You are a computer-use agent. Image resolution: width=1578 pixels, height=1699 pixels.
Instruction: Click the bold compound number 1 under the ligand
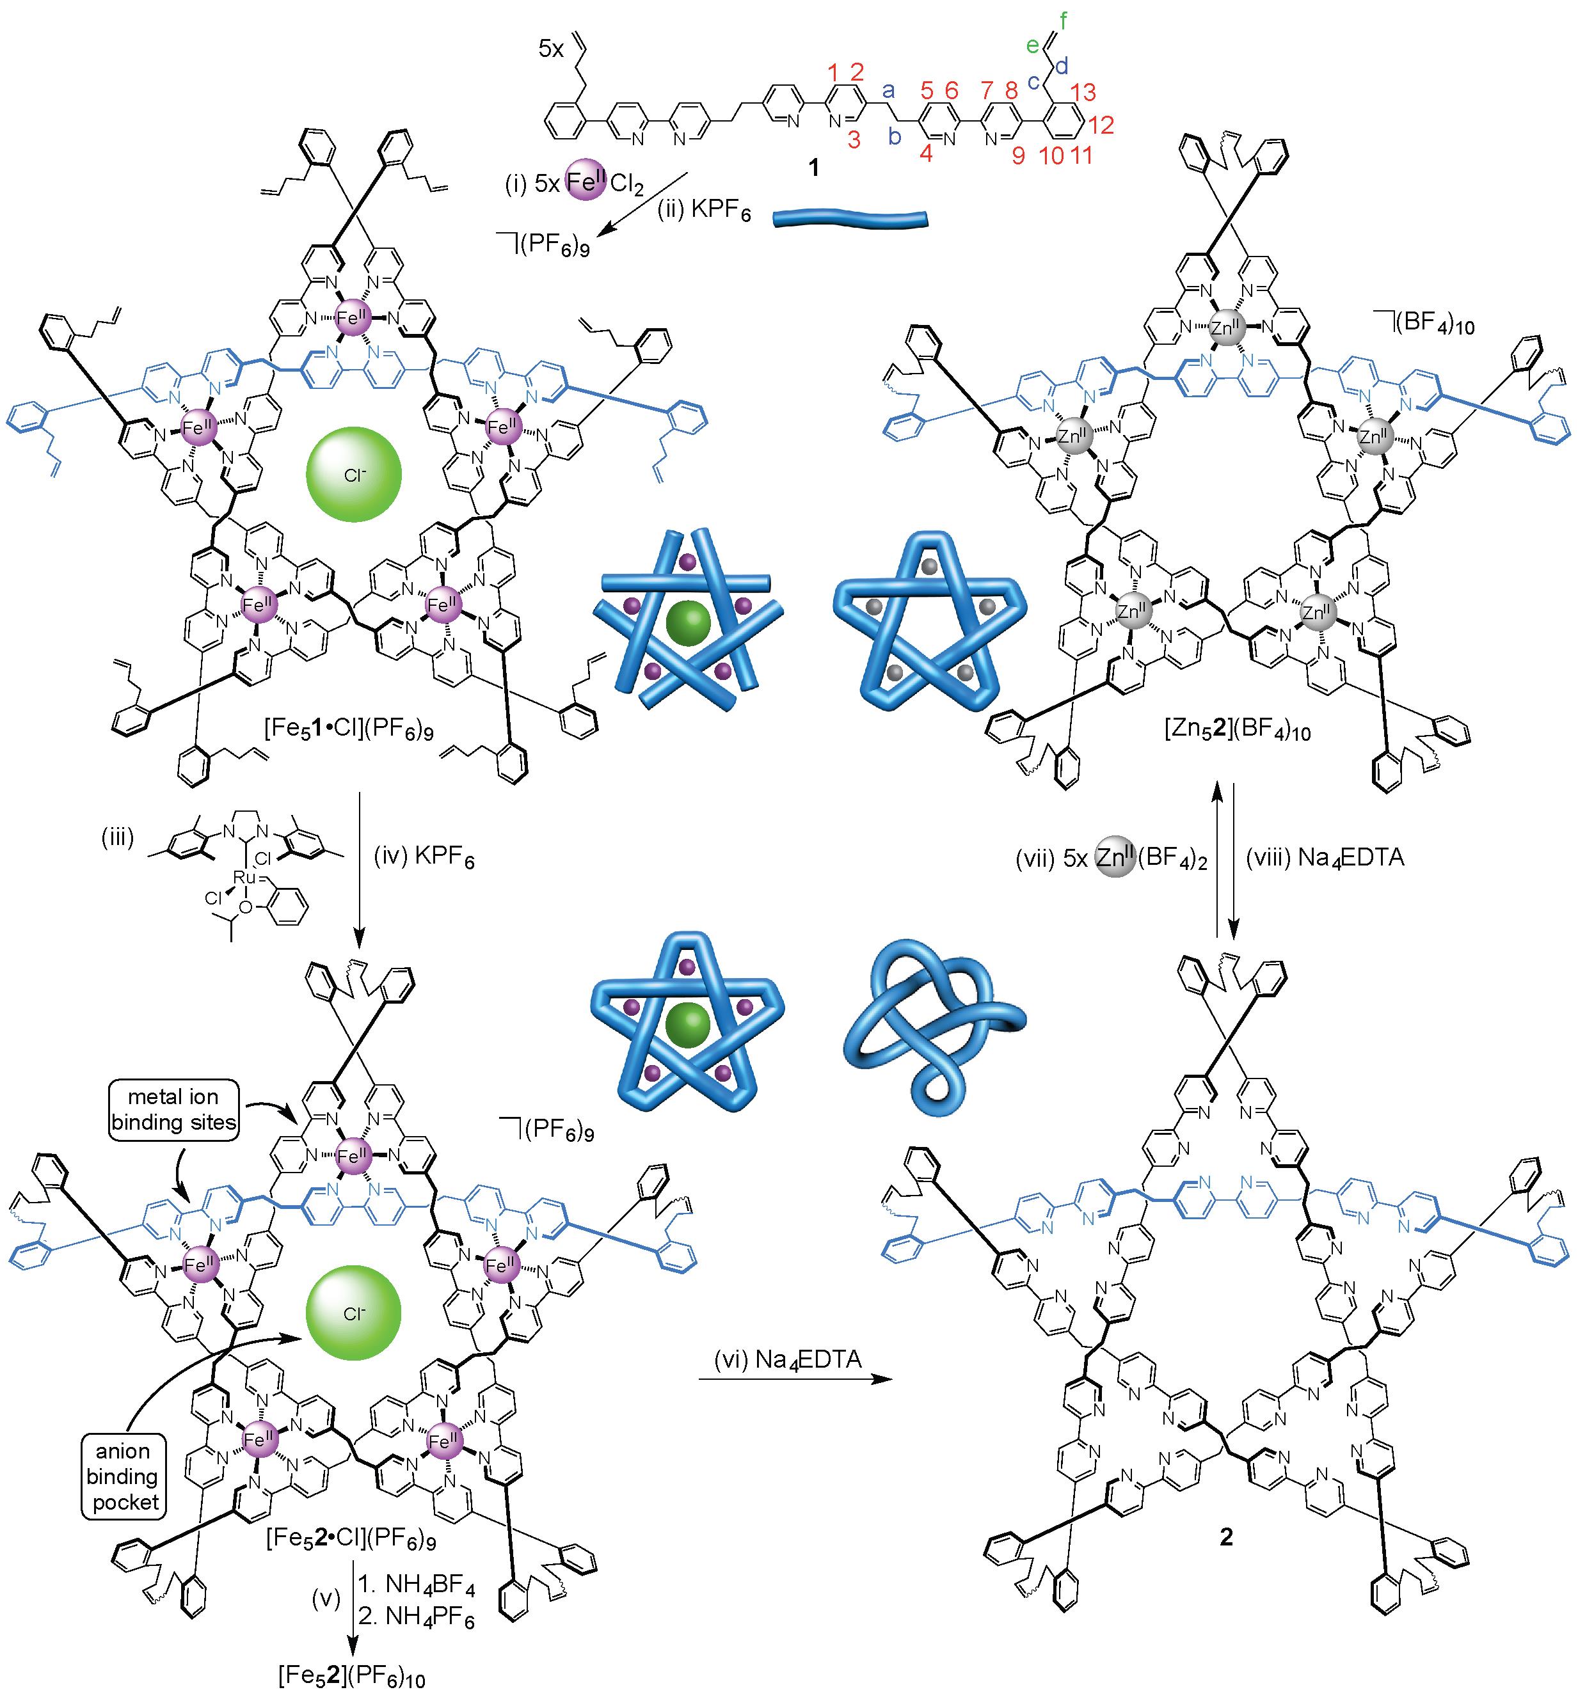[x=813, y=168]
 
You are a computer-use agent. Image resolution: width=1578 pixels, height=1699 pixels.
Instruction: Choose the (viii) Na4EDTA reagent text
[x=1325, y=858]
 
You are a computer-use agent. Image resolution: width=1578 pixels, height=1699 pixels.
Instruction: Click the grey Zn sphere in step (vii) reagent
[x=1114, y=857]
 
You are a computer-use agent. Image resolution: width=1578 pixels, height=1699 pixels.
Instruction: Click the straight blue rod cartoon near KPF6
[x=850, y=219]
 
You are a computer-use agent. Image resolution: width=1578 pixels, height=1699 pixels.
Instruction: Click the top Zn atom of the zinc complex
[x=1226, y=327]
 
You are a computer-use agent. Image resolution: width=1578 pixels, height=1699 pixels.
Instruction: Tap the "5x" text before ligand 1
[x=552, y=49]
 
